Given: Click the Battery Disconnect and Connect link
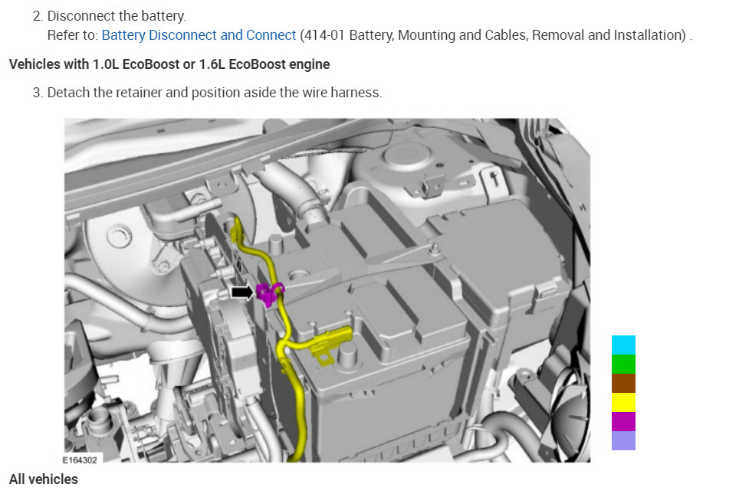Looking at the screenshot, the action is point(199,35).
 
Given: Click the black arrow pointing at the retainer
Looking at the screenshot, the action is point(242,293).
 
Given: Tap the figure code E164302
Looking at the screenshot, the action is point(80,459).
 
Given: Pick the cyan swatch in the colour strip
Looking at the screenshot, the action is point(623,345).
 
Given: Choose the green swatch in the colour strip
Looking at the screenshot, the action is point(623,365).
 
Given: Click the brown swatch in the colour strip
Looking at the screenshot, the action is point(623,383).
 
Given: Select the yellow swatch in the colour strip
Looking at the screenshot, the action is point(623,402).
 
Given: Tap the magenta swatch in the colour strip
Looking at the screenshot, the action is point(623,422).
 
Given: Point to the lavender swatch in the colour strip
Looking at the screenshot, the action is point(623,440).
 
